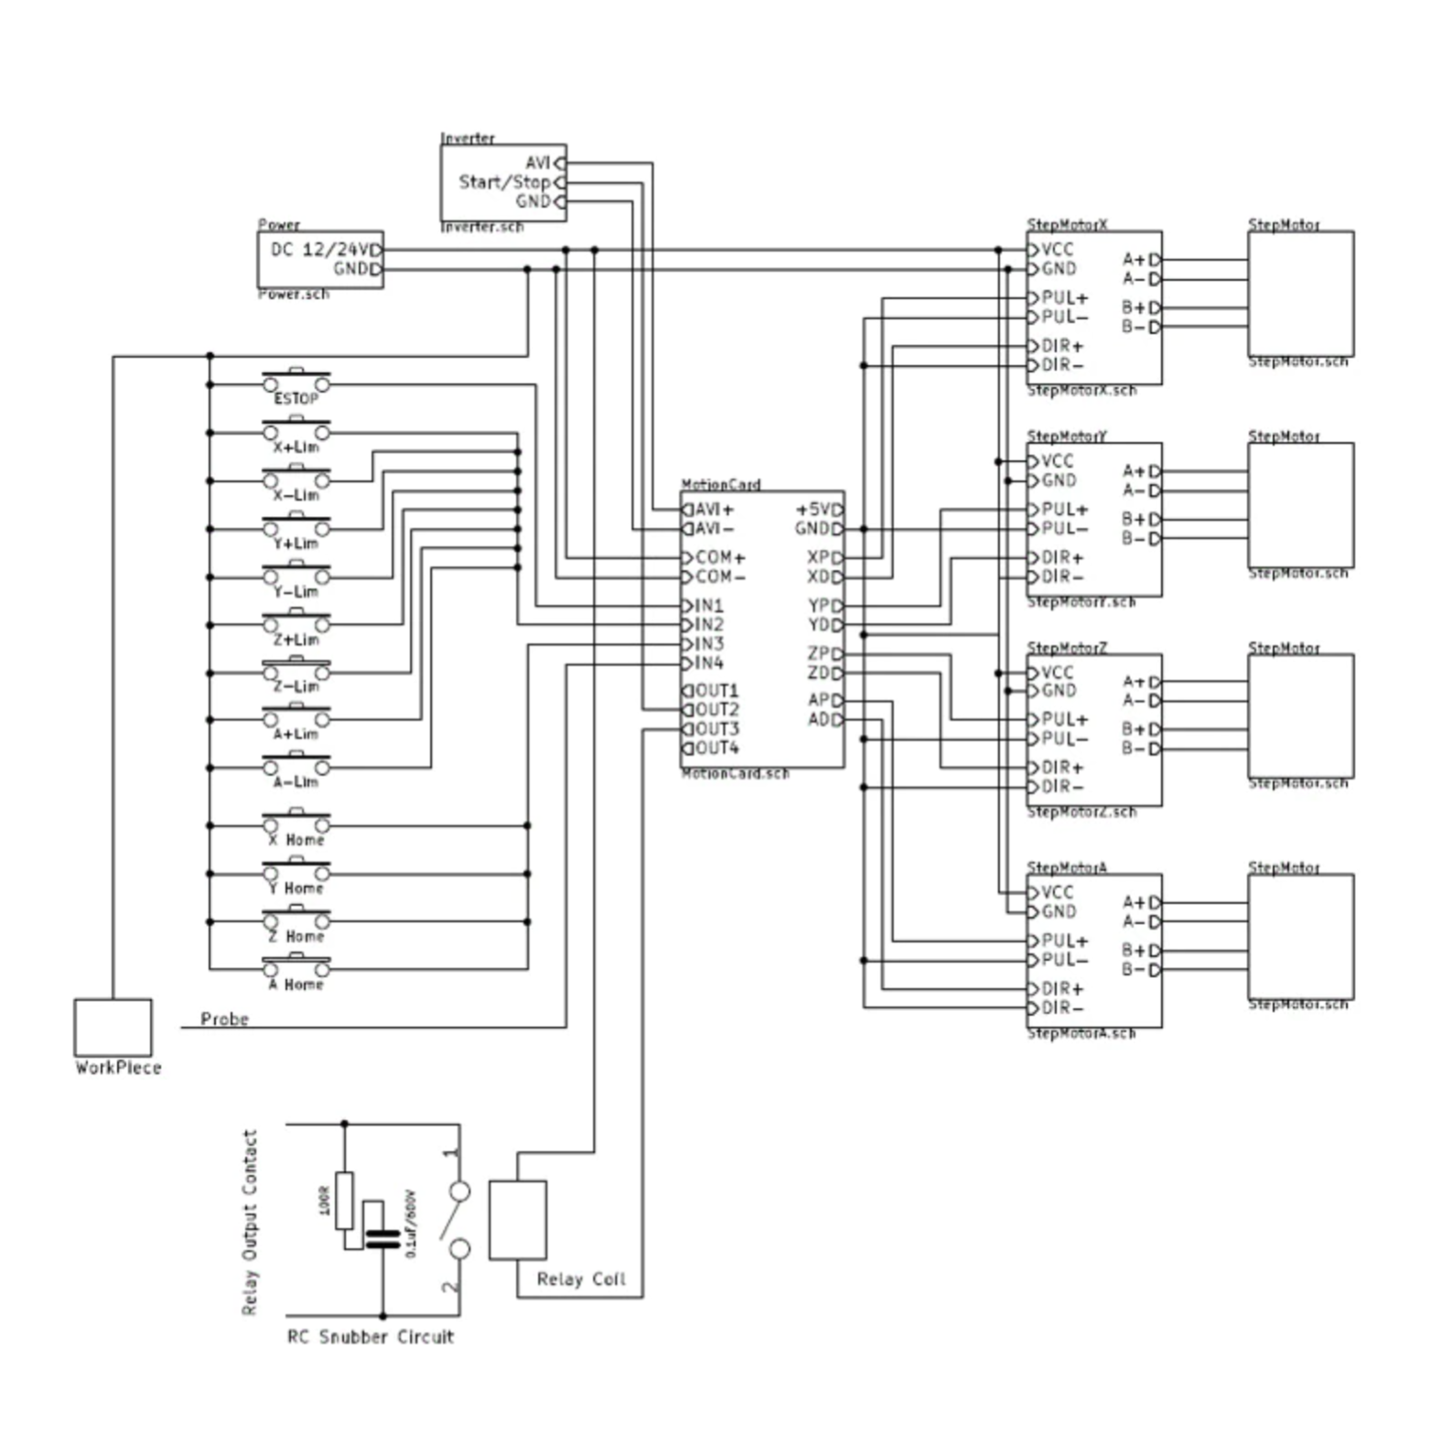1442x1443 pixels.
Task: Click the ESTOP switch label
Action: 296,399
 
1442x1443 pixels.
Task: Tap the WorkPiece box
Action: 113,1027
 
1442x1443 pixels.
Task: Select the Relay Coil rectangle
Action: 518,1220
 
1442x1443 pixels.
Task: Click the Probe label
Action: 224,1019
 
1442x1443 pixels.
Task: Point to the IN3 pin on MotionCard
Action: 707,644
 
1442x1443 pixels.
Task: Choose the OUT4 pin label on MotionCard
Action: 716,748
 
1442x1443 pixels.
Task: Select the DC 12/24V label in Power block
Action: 321,250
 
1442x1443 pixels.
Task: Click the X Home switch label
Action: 296,840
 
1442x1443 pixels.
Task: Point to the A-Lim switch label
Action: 296,782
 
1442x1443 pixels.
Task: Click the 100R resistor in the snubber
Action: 344,1200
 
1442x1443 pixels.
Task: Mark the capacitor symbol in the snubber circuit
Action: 382,1238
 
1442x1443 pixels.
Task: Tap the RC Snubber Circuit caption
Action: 371,1337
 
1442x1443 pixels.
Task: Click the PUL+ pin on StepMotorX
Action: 1063,298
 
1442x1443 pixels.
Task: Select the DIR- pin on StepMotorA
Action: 1060,1008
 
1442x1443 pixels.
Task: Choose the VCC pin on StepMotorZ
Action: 1056,673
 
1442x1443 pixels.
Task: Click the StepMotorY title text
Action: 1067,436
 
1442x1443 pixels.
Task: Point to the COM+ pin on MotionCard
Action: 719,557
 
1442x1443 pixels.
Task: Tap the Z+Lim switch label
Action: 296,640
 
